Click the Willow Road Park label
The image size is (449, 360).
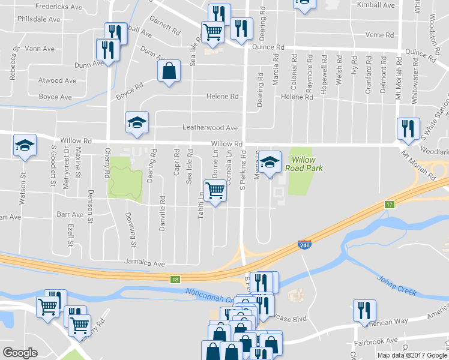(308, 164)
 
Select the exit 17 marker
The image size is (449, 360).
(390, 205)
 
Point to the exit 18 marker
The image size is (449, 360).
(175, 280)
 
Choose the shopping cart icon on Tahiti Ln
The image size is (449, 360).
(215, 191)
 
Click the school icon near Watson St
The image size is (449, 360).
(25, 145)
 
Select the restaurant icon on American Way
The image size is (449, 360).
(364, 310)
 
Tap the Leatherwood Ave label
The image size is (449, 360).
(210, 128)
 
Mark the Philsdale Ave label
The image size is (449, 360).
(38, 19)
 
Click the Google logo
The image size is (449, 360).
(20, 353)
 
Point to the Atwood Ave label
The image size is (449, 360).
(58, 80)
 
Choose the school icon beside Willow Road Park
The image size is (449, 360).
(270, 161)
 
